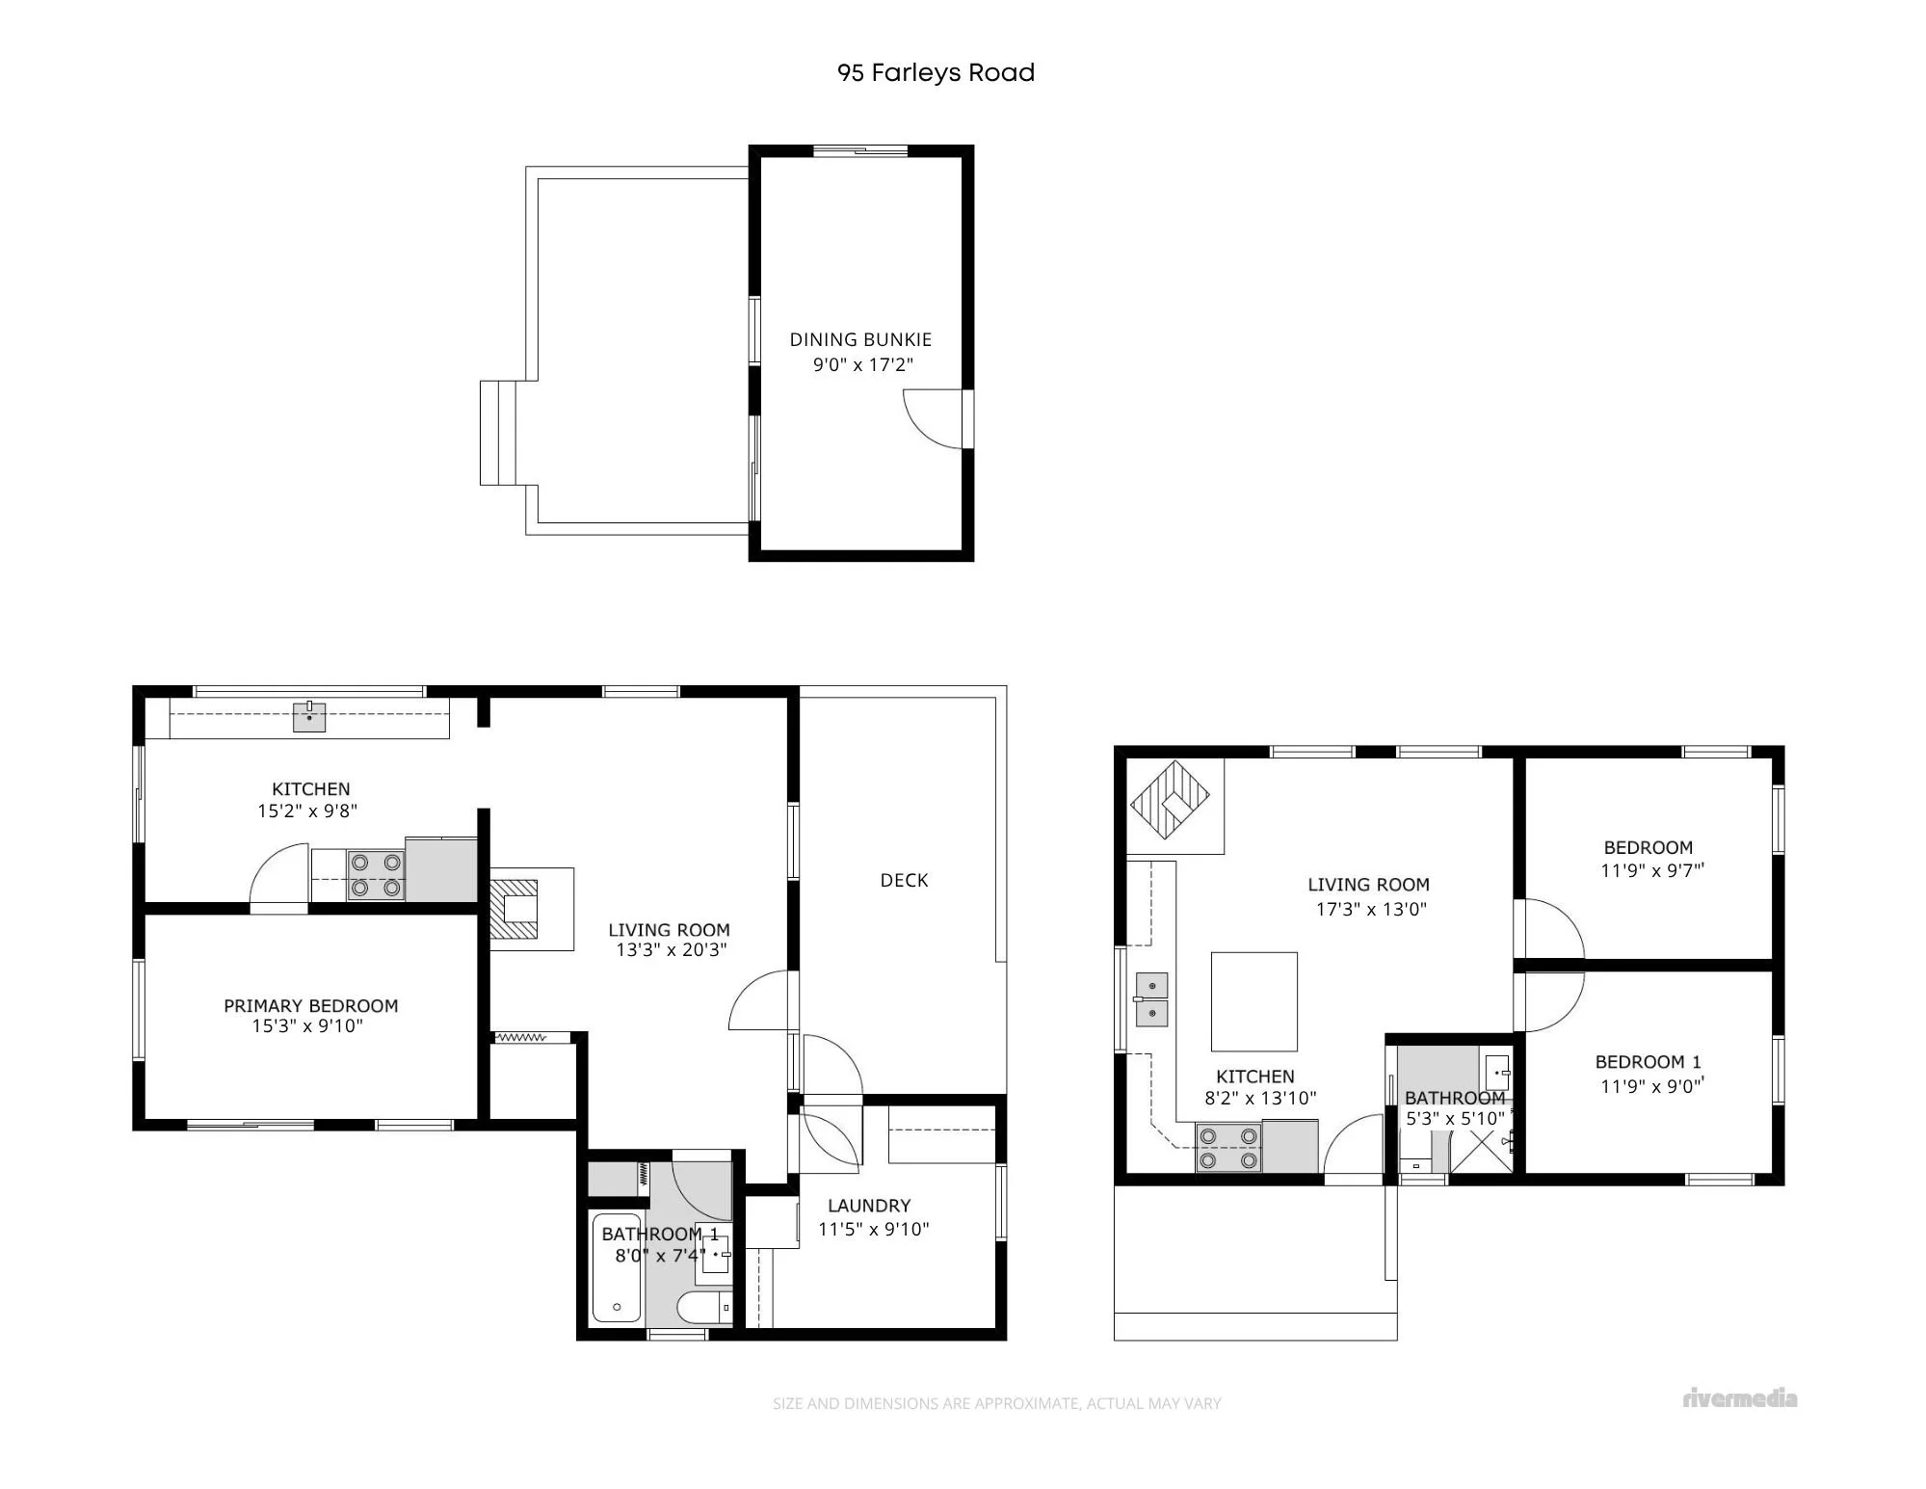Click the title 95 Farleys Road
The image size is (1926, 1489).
click(936, 72)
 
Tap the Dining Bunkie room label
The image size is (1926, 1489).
click(860, 339)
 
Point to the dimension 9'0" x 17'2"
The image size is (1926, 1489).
click(862, 364)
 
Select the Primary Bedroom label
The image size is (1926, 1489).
click(310, 1005)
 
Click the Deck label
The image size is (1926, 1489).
click(904, 880)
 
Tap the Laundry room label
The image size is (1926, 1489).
click(869, 1206)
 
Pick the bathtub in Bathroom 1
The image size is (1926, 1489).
click(616, 1266)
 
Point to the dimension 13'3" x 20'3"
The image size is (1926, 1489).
click(672, 950)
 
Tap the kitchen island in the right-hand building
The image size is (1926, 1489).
click(1253, 1001)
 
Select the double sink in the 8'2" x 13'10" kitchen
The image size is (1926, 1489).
click(1151, 999)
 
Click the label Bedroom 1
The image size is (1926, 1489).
click(1648, 1062)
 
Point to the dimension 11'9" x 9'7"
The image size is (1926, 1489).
click(1652, 870)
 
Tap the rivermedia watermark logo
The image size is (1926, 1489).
click(1740, 1398)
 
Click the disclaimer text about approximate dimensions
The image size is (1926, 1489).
click(996, 1403)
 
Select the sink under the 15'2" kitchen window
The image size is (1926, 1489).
click(309, 717)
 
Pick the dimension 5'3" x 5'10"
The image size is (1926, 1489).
click(1455, 1119)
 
